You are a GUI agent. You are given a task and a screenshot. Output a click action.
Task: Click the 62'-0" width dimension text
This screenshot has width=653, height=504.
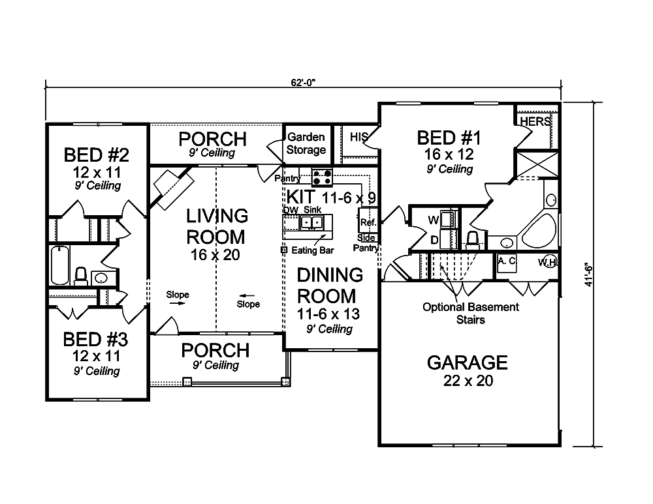click(303, 82)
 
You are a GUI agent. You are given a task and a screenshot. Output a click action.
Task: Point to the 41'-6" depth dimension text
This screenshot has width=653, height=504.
click(588, 275)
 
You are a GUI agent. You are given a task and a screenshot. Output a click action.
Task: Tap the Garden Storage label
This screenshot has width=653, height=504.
click(306, 143)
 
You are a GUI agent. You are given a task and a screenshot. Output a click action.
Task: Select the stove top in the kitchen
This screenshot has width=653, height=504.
click(323, 177)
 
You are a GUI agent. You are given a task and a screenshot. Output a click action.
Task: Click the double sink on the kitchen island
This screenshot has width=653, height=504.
click(312, 222)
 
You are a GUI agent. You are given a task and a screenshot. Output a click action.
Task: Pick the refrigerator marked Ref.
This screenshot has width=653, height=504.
click(368, 220)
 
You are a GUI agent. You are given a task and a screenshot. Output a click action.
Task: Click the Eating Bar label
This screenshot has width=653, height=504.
click(312, 250)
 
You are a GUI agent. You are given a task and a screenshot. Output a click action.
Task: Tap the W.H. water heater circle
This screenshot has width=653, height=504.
click(550, 262)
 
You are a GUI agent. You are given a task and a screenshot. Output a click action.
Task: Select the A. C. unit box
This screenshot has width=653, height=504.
click(507, 263)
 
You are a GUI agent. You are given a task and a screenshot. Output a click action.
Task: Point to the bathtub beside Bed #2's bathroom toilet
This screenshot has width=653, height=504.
click(59, 265)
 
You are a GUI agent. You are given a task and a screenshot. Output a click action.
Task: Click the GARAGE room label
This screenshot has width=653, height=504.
click(468, 363)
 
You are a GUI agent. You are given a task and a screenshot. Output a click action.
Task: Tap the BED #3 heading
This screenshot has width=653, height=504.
click(95, 340)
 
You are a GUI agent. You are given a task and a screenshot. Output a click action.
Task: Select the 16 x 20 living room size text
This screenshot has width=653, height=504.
click(215, 254)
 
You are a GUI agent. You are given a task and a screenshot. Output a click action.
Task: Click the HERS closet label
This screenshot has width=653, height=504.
click(535, 122)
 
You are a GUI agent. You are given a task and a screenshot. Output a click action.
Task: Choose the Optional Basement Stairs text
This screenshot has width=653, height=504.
click(471, 314)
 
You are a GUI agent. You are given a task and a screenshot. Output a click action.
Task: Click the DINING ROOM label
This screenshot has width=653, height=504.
click(330, 286)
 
